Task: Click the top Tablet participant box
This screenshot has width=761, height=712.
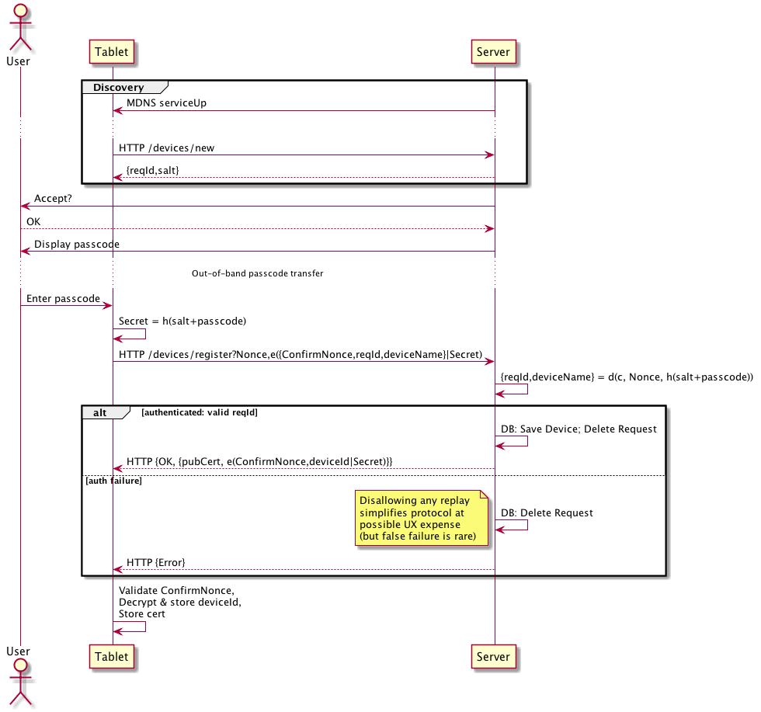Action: coord(113,52)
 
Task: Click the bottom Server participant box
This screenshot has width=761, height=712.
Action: coord(494,656)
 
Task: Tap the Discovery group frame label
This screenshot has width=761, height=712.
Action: coord(118,87)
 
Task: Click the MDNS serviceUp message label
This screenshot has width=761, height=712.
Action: coord(166,102)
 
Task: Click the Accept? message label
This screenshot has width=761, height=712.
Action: coord(53,199)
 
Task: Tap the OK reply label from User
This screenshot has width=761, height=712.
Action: coord(34,221)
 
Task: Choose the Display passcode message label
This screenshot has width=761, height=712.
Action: coord(76,244)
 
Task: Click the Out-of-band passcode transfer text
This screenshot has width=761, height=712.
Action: coord(257,273)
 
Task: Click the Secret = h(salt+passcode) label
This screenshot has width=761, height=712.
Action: coord(182,321)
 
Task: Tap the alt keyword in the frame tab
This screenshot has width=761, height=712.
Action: coord(100,412)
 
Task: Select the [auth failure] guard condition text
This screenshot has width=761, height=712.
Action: coord(113,481)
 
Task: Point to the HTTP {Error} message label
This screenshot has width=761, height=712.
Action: coord(155,561)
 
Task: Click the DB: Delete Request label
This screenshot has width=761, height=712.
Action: coord(547,512)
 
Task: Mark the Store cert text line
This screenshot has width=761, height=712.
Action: coord(141,613)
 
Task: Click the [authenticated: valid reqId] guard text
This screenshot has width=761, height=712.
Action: coord(200,412)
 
